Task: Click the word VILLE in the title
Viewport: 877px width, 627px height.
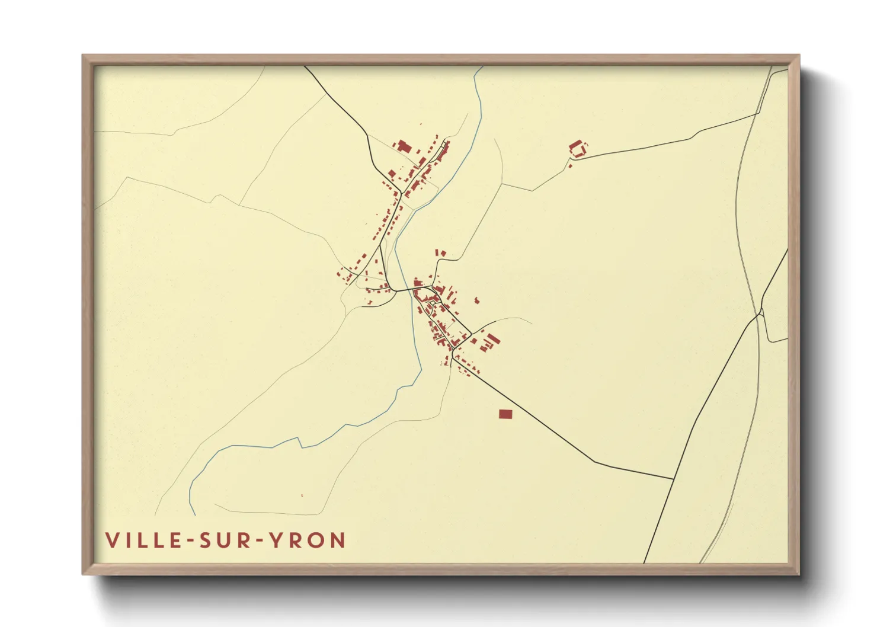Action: coord(144,540)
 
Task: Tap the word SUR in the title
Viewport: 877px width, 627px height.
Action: coord(228,540)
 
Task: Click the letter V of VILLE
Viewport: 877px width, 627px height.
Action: coord(111,540)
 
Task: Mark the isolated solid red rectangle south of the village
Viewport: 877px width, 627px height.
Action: coord(505,414)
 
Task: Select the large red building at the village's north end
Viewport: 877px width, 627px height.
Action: coord(404,146)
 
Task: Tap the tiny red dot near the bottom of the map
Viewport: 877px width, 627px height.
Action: coord(302,495)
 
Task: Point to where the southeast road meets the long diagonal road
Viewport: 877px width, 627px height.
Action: coord(674,479)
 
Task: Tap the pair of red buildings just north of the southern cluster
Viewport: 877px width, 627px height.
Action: coord(441,254)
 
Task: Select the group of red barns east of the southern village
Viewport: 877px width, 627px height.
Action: coord(489,342)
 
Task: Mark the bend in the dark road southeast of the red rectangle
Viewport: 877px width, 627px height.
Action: coord(594,462)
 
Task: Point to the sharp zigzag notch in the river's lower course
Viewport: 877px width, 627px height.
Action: coord(300,442)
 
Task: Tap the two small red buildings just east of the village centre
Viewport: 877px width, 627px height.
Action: coord(476,301)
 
